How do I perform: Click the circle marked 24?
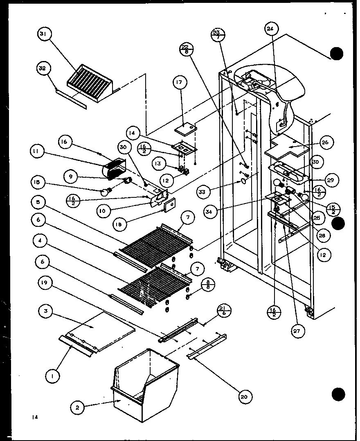coord(270,29)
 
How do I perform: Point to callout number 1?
coord(53,376)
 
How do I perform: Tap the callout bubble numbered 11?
coord(36,151)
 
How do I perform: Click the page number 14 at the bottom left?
coord(36,418)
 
